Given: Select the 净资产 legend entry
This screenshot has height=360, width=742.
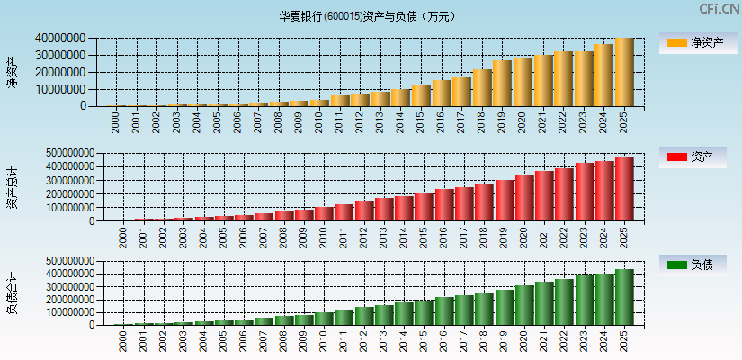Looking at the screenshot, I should tap(695, 42).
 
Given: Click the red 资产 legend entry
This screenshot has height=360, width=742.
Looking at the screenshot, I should tap(695, 157).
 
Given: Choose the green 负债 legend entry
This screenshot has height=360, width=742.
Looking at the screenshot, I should tap(695, 265).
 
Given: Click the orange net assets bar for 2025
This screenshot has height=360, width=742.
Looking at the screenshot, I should tap(623, 72).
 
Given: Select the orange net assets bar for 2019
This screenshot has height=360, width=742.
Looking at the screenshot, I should tap(501, 83).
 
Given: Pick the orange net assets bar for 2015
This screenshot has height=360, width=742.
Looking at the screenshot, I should tap(420, 95).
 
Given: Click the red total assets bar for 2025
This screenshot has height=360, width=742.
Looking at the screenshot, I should tap(623, 189).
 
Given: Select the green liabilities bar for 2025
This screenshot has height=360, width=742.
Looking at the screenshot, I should tap(623, 297).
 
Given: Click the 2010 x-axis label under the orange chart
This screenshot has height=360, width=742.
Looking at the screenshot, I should tap(319, 122).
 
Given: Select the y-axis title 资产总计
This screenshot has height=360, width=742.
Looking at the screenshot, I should tap(13, 187).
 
